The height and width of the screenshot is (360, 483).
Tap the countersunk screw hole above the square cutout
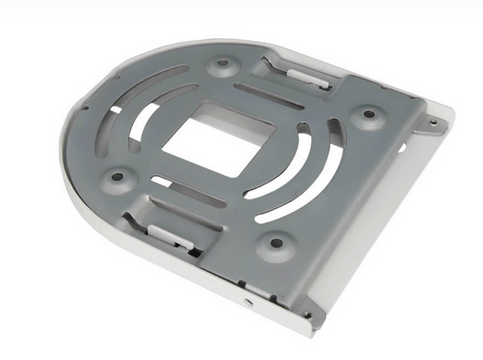[223, 62]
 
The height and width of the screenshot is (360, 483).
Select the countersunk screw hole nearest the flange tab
[369, 114]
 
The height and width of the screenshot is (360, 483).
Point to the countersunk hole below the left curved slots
[118, 176]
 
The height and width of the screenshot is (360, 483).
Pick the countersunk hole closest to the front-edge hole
[276, 243]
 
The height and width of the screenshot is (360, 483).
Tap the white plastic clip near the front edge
[169, 235]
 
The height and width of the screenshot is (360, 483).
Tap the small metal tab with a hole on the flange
[433, 123]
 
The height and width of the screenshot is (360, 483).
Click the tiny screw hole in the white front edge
[249, 302]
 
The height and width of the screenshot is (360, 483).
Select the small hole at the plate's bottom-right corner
[308, 315]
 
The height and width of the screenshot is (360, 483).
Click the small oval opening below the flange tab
[401, 147]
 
